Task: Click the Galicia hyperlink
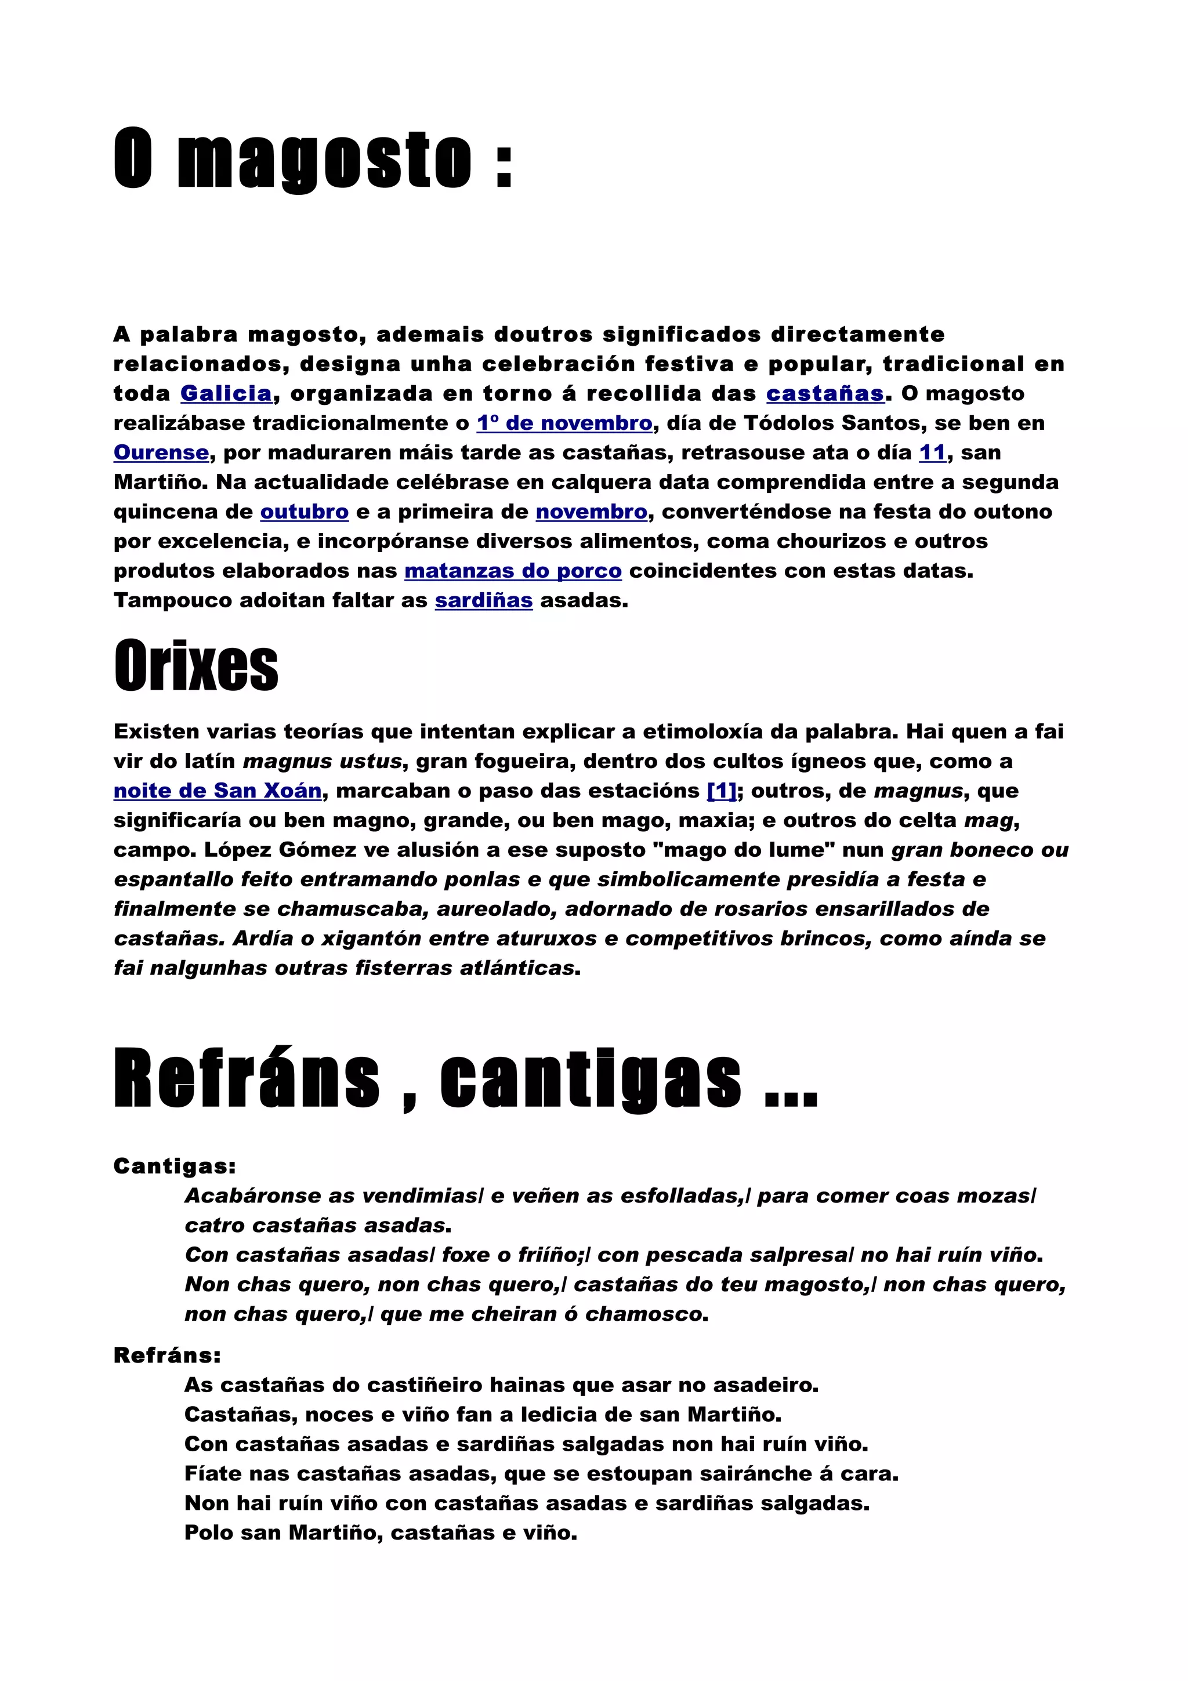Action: (226, 393)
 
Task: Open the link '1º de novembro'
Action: (564, 423)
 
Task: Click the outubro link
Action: (305, 512)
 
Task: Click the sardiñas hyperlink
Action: (484, 600)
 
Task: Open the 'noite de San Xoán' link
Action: (218, 791)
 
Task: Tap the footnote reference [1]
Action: (722, 791)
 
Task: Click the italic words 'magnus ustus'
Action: (322, 762)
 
